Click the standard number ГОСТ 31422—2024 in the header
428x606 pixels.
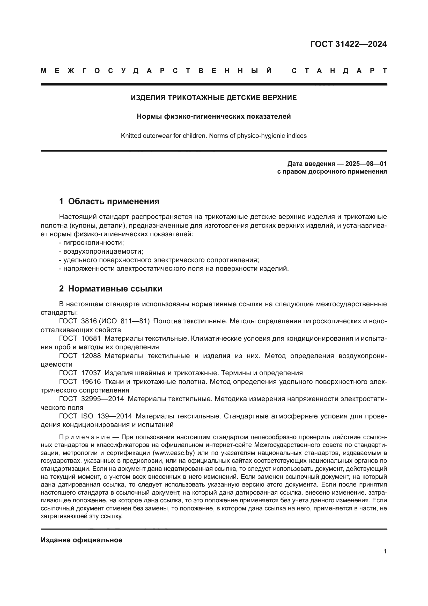[x=348, y=44]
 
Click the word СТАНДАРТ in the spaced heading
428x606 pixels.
[x=339, y=71]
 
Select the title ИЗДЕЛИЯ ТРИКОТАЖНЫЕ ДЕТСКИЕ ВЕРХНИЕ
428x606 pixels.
[x=214, y=98]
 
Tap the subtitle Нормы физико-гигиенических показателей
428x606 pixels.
[x=214, y=116]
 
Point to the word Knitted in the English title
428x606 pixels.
[x=131, y=136]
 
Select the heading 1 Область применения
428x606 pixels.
[x=109, y=201]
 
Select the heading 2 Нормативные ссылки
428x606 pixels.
[x=110, y=289]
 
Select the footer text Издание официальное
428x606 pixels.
[x=82, y=540]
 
